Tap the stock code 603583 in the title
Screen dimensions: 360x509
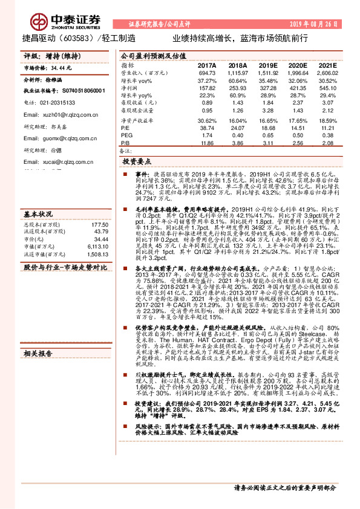[x=79, y=37]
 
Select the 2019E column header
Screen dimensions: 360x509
[x=269, y=65]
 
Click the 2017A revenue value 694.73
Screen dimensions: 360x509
[x=207, y=73]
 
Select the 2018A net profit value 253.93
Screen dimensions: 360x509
[x=238, y=87]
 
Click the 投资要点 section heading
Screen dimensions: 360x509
[x=137, y=163]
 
